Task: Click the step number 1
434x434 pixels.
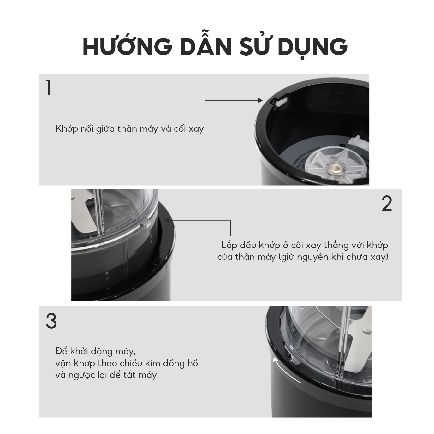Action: click(x=49, y=88)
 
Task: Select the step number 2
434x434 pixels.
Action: click(x=387, y=204)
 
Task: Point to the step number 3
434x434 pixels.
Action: click(x=51, y=321)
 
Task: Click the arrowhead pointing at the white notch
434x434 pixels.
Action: click(x=260, y=100)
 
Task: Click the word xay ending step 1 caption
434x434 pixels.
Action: click(x=196, y=129)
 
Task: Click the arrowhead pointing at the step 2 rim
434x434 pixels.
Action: click(x=167, y=220)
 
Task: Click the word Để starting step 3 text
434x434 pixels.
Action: click(x=62, y=351)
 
